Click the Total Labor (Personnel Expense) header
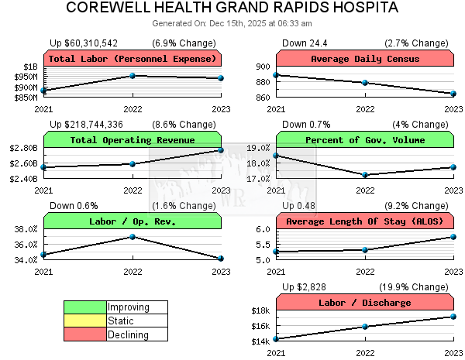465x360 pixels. point(133,59)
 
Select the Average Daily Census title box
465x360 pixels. point(365,59)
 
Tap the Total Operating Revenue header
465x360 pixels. point(133,140)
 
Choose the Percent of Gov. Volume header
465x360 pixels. point(365,140)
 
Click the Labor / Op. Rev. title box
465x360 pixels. point(133,221)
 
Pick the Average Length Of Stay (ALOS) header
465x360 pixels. point(365,221)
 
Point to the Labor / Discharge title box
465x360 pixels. point(365,303)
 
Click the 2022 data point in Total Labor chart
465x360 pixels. point(133,76)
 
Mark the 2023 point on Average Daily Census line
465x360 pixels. point(453,94)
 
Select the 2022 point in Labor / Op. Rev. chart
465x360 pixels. point(133,236)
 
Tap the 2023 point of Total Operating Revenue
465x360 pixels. point(221,149)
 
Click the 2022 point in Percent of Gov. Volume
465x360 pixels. point(365,175)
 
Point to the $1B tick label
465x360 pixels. point(30,67)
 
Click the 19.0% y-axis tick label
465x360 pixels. point(258,147)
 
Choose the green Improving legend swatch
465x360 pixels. point(85,307)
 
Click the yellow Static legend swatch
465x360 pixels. point(85,321)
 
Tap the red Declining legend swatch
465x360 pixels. point(85,335)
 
